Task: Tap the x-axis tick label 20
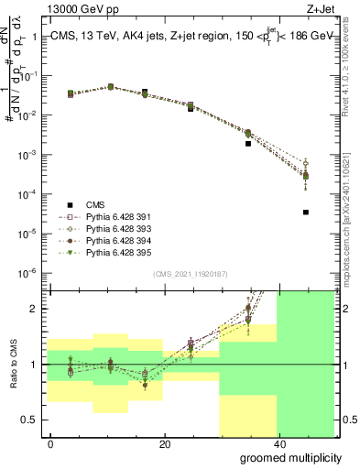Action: point(164,443)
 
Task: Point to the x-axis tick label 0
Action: point(50,443)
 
